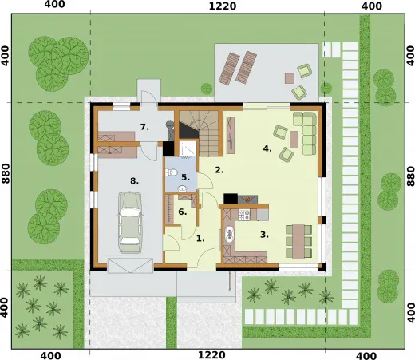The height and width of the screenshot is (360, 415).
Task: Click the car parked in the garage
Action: (x=130, y=223)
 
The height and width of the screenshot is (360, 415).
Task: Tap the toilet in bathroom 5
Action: (x=172, y=172)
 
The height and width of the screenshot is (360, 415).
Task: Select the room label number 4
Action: (x=267, y=148)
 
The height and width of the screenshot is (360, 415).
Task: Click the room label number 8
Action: (x=134, y=181)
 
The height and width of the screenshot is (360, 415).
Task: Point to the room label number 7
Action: (x=144, y=127)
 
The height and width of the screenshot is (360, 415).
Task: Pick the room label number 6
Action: (x=183, y=212)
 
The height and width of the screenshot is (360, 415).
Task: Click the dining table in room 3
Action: (x=298, y=241)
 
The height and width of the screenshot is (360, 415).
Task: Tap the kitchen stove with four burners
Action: (x=244, y=215)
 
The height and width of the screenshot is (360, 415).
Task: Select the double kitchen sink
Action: (x=228, y=234)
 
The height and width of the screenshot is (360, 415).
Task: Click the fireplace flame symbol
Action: (x=247, y=199)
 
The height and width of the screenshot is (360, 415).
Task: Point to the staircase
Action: (x=200, y=133)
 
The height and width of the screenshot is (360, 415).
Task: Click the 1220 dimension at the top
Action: (x=223, y=6)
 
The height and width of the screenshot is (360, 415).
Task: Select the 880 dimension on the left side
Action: (x=6, y=173)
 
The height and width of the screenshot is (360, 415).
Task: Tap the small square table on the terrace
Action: (x=290, y=78)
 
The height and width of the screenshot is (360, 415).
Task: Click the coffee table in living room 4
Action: (x=294, y=139)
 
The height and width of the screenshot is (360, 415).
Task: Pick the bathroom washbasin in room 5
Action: (x=183, y=188)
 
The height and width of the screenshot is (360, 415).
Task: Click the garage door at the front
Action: (x=130, y=265)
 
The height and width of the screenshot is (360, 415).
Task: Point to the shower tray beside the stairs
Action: (x=188, y=149)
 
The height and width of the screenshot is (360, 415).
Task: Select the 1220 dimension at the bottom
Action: (x=212, y=354)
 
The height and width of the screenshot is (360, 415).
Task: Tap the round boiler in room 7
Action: (x=169, y=124)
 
